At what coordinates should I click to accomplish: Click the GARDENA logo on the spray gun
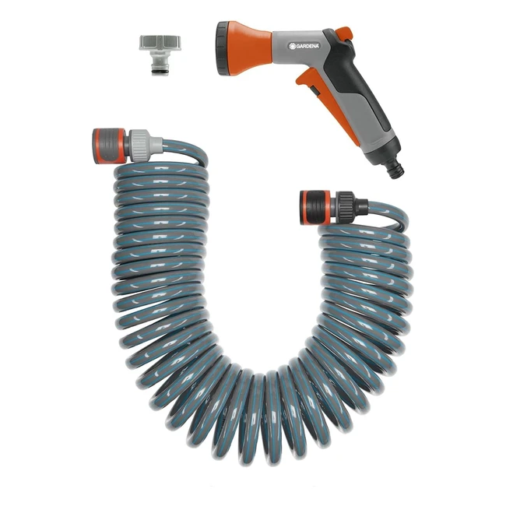click(x=306, y=46)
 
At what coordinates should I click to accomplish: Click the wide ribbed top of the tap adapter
click(x=156, y=41)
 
